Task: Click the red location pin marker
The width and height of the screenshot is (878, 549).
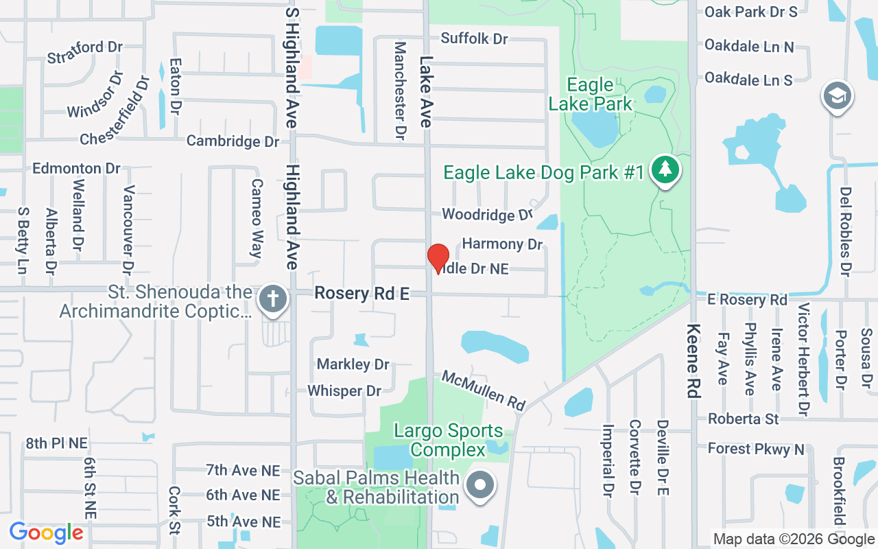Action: (x=438, y=258)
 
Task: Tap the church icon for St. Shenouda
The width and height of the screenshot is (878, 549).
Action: (x=273, y=301)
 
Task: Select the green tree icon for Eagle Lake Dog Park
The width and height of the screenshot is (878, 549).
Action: (x=664, y=169)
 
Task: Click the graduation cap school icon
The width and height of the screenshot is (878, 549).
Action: (x=837, y=97)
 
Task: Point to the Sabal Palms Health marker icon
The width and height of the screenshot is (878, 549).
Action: (x=480, y=485)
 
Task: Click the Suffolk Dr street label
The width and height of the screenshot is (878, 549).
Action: (x=474, y=38)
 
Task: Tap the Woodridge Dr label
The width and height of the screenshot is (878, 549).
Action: (x=487, y=214)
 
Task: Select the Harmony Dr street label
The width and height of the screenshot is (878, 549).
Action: (x=502, y=244)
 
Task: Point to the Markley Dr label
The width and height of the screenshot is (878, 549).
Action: (x=353, y=364)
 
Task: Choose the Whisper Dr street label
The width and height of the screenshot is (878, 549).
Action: (x=344, y=390)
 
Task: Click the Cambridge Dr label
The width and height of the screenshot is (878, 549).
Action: (x=233, y=141)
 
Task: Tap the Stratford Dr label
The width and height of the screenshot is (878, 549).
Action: (x=84, y=52)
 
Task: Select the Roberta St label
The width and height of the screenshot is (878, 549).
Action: (x=744, y=418)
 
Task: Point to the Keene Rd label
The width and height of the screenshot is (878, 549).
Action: (x=693, y=360)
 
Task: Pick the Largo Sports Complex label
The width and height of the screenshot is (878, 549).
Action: (x=448, y=440)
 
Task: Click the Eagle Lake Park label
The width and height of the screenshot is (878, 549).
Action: (x=590, y=94)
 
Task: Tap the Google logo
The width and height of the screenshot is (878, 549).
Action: (x=46, y=533)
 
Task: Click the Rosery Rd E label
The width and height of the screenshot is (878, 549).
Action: (x=361, y=294)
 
